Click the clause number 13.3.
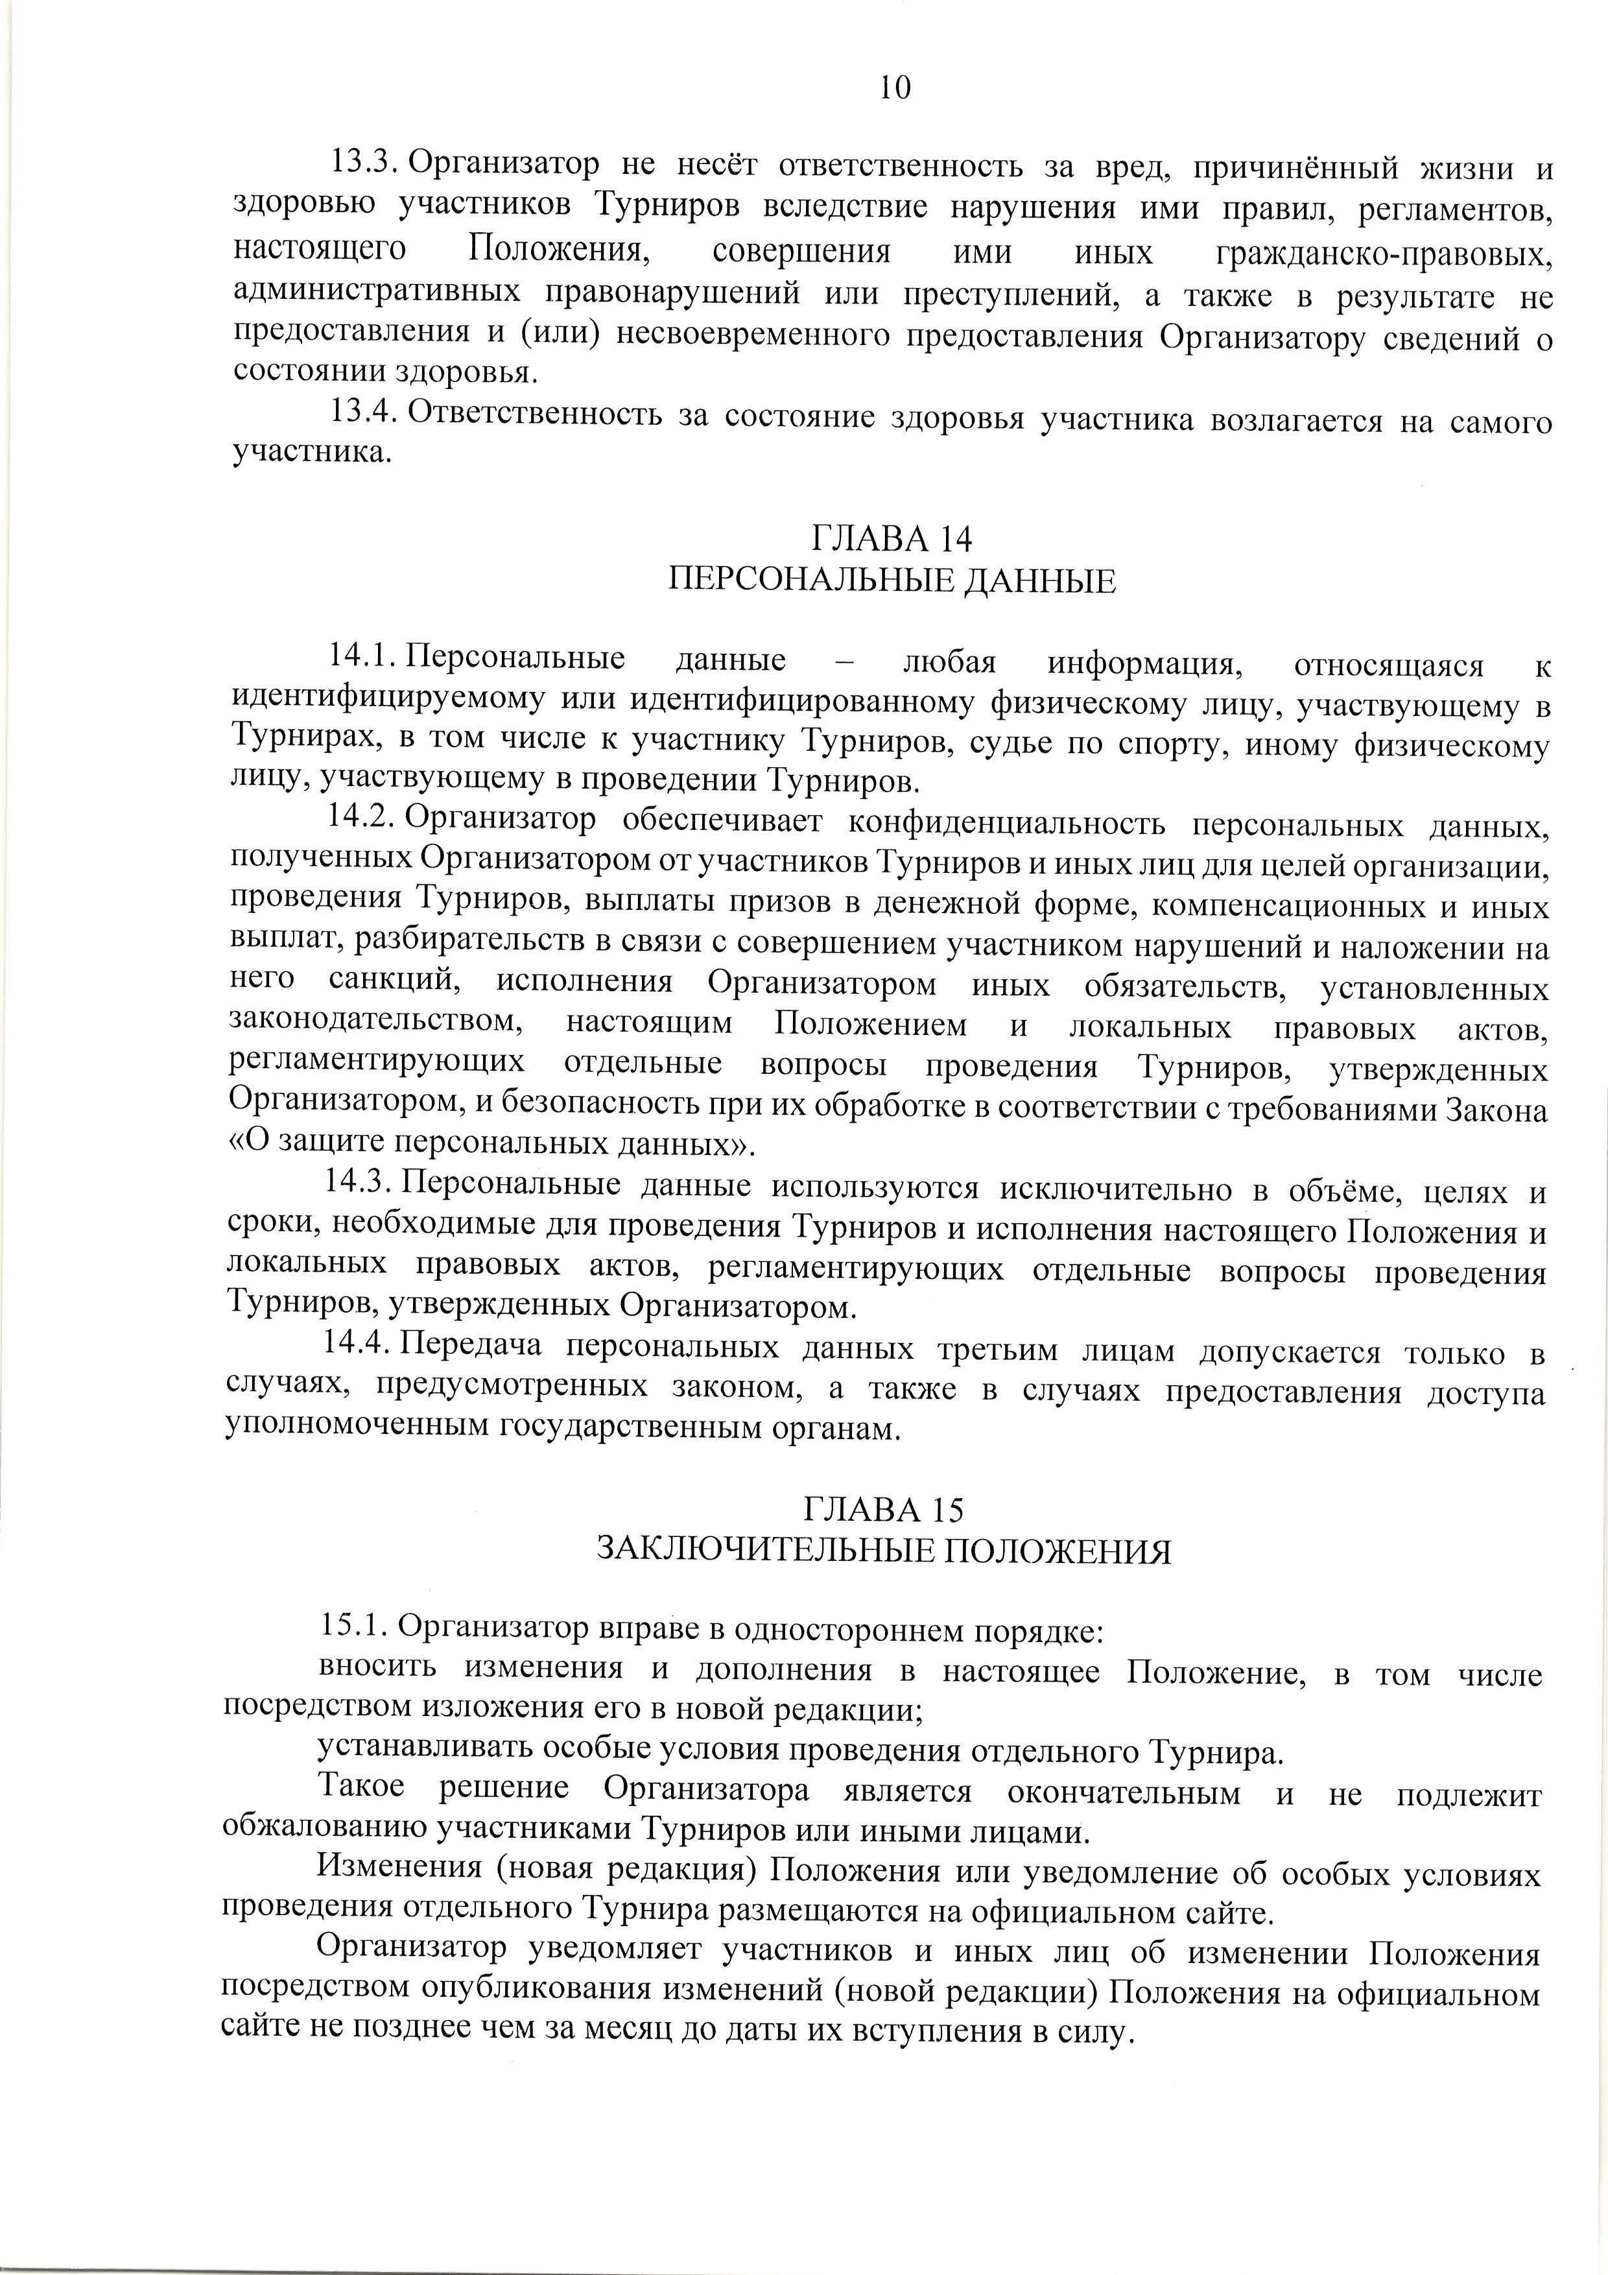coord(362,161)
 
